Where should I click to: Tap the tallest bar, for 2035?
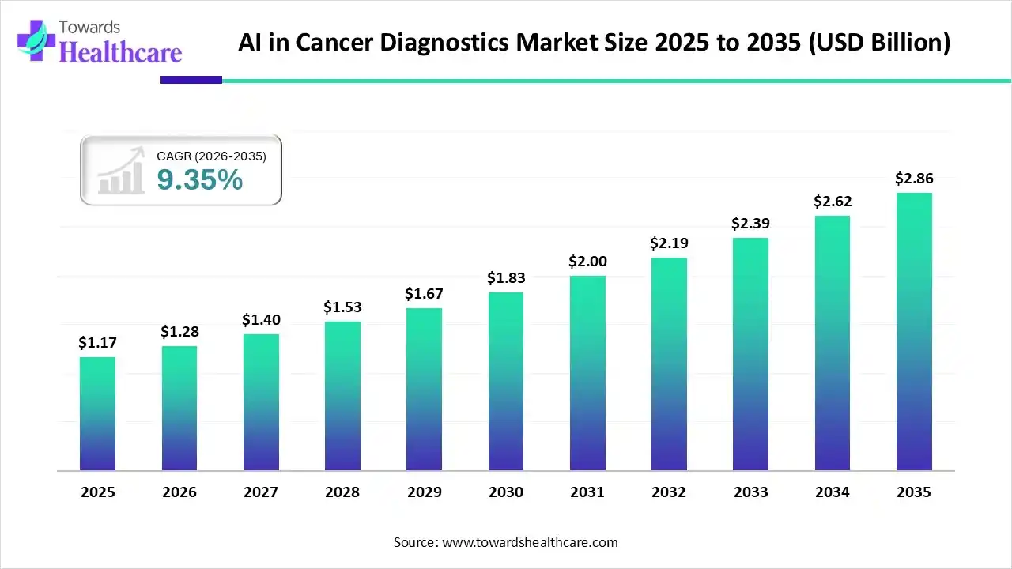pos(914,331)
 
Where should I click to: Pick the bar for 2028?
pos(342,395)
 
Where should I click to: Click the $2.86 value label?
pos(914,179)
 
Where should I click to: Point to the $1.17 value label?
pos(97,343)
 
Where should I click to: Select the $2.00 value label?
pos(587,262)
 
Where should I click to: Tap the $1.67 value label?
pos(424,294)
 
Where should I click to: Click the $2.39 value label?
pos(750,224)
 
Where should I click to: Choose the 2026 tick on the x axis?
pos(179,492)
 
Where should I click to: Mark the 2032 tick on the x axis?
pos(669,492)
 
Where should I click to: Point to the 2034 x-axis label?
pos(833,492)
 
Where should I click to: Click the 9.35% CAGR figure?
pos(199,180)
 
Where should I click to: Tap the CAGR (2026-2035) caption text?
pos(211,156)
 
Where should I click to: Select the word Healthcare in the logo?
pos(120,52)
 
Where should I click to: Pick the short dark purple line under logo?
pos(191,80)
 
